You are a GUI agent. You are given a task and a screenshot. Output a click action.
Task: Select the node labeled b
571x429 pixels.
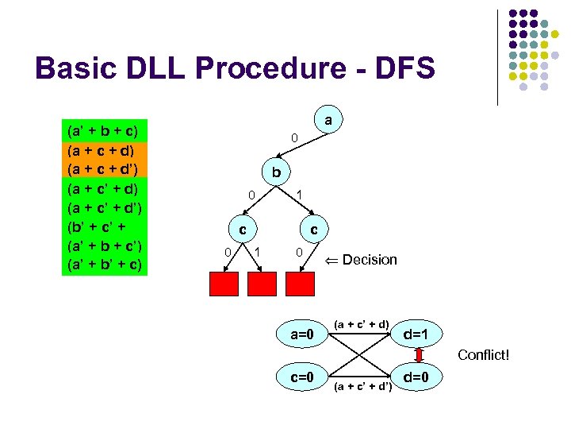(275, 172)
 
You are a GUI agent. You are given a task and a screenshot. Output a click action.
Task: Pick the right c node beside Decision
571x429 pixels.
(314, 229)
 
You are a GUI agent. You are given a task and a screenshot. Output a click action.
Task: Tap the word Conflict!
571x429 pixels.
(483, 355)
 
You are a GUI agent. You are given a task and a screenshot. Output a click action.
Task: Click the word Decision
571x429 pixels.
(370, 260)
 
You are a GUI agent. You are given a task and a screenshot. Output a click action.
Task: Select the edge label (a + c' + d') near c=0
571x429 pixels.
(364, 387)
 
